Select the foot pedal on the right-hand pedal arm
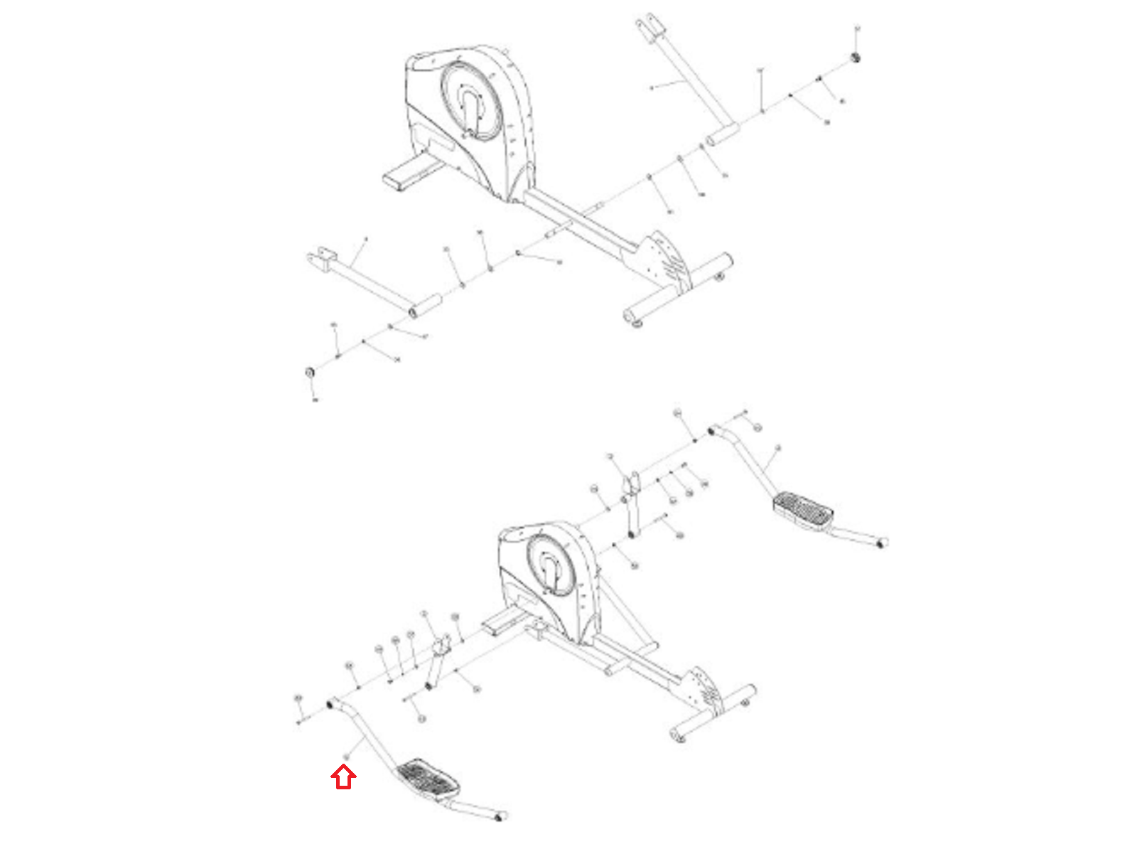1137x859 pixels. click(x=803, y=508)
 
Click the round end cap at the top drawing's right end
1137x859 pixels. click(x=856, y=57)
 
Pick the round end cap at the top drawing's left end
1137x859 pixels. click(x=309, y=373)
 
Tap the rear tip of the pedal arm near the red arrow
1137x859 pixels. click(x=500, y=817)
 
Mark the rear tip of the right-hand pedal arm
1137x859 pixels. click(x=882, y=543)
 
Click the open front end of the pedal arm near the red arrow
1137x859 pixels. click(x=331, y=704)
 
